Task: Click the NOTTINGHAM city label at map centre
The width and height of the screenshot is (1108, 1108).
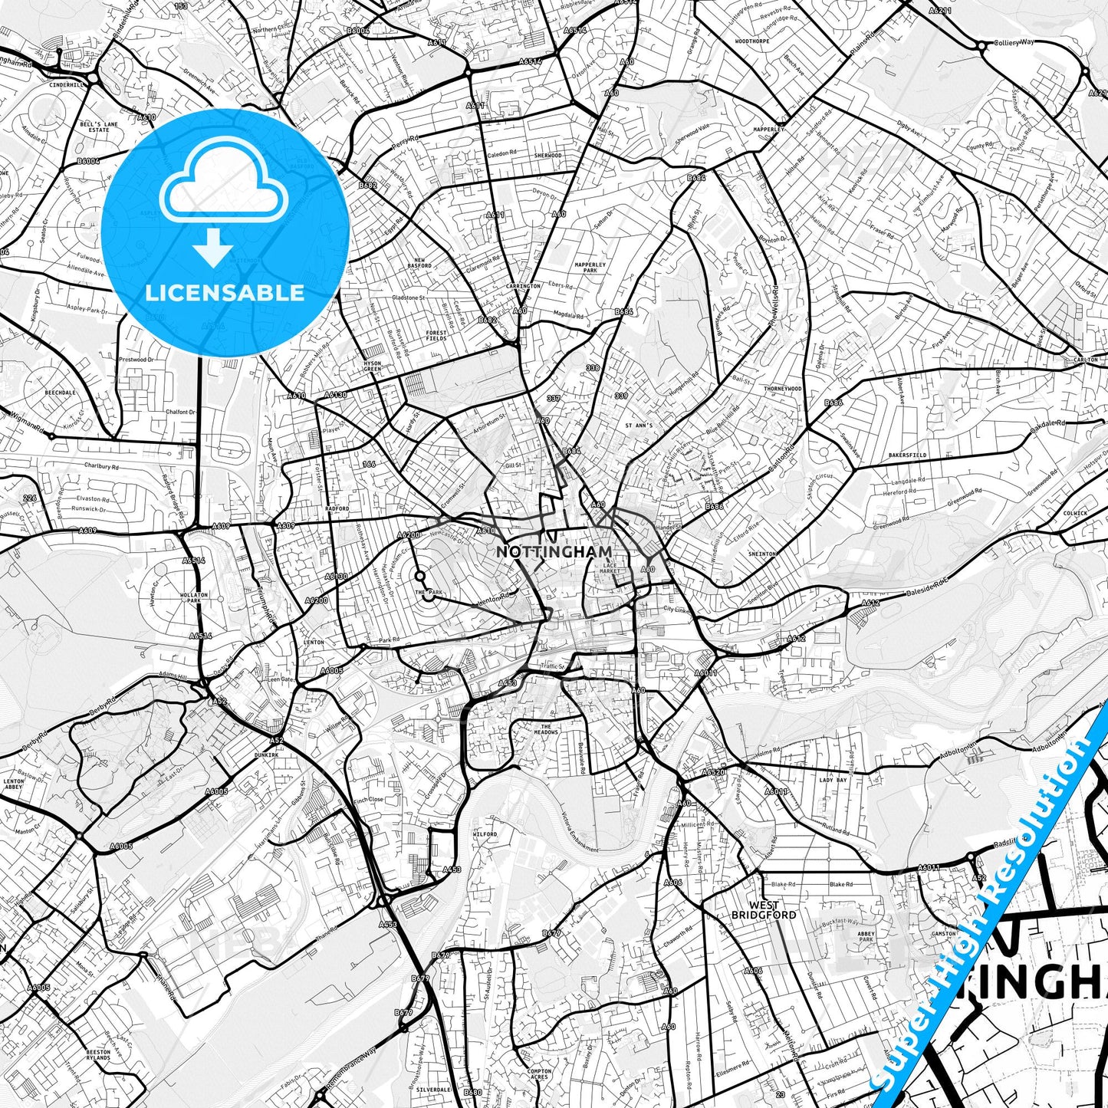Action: [x=554, y=551]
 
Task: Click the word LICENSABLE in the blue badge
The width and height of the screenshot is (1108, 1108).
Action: [x=225, y=293]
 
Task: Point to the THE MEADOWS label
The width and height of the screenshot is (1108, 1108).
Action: [x=546, y=729]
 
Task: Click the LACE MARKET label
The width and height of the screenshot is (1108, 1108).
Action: [x=610, y=568]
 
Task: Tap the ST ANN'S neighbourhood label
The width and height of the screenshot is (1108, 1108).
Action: [x=639, y=425]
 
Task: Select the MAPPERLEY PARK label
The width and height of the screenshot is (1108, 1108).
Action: [x=590, y=268]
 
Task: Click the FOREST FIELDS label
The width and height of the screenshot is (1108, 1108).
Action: [x=436, y=335]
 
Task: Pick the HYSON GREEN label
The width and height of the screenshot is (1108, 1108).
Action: [x=372, y=366]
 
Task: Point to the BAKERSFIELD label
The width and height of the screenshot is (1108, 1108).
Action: [x=907, y=455]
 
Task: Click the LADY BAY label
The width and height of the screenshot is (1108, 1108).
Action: [x=833, y=780]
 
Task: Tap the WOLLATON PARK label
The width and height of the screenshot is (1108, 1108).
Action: [x=194, y=597]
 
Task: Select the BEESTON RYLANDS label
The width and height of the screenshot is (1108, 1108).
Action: [x=98, y=1054]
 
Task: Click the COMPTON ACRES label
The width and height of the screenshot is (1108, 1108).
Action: [x=540, y=1074]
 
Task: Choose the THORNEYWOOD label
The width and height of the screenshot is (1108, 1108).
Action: [x=783, y=389]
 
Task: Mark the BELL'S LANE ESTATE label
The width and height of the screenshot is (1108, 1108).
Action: [x=99, y=127]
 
